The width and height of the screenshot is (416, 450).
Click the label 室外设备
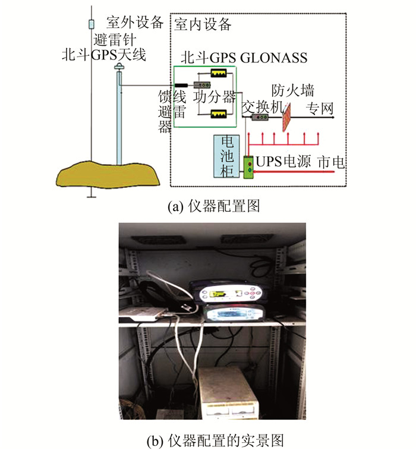(x=134, y=23)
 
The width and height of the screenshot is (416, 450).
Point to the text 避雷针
(x=116, y=40)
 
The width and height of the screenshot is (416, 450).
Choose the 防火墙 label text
(x=293, y=90)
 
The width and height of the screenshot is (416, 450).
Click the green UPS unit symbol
(x=249, y=166)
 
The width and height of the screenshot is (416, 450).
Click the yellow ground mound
(x=109, y=174)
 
